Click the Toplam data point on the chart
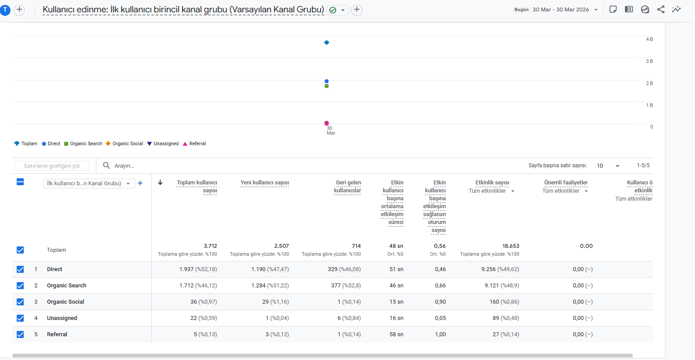coord(326,43)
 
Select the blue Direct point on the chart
coord(326,81)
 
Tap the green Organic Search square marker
coord(326,86)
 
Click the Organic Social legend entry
coord(124,143)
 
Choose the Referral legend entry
coord(194,143)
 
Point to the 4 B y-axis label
coord(649,40)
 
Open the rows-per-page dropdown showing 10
coord(607,166)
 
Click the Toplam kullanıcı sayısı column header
coord(197,187)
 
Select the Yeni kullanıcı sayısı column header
coord(265,183)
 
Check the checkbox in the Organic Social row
coord(20,301)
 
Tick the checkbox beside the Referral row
coord(20,334)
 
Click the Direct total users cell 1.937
coord(187,269)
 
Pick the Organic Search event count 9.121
coord(492,286)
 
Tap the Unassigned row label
coord(62,318)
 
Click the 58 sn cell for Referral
coord(396,334)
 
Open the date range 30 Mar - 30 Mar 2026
coord(561,10)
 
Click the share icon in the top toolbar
coord(661,9)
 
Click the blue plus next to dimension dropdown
coord(140,183)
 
